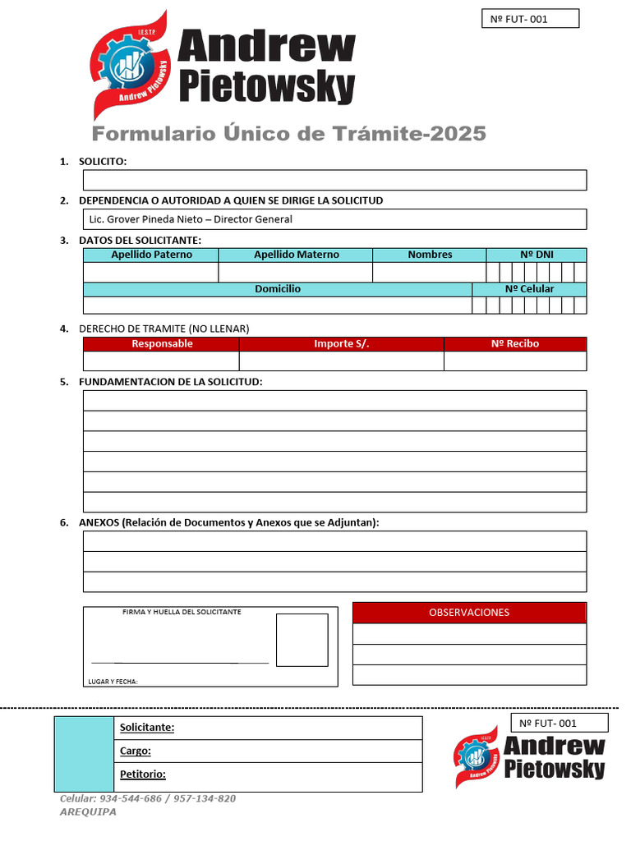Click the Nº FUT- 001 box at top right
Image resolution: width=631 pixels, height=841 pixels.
[x=530, y=19]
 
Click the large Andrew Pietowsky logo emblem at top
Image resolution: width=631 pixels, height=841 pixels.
[x=131, y=66]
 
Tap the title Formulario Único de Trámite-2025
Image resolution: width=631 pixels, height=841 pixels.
[x=288, y=134]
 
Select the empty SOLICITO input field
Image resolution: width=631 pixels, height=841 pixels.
[x=334, y=180]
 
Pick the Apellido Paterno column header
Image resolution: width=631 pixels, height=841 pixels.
[x=151, y=255]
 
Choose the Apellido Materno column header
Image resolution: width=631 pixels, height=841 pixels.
[x=296, y=255]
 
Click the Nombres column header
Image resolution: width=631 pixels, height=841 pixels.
[x=430, y=255]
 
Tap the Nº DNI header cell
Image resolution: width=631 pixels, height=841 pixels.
[x=537, y=255]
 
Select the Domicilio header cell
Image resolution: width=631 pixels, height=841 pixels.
[x=278, y=289]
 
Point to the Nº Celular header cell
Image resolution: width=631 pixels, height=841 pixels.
[x=529, y=289]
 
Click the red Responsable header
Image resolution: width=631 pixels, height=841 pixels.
[x=162, y=344]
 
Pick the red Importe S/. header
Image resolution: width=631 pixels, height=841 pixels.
[x=342, y=344]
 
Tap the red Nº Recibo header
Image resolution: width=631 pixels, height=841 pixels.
[x=515, y=344]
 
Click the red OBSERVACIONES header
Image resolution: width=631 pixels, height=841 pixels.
[x=469, y=613]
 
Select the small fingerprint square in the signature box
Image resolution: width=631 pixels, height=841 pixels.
[x=302, y=640]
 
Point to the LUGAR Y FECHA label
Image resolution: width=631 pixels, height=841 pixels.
[x=113, y=682]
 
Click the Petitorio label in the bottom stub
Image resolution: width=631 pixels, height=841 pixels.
[x=143, y=774]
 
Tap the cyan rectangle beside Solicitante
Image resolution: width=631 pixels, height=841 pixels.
[x=84, y=754]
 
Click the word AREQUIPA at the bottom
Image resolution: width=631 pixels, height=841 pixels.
[x=88, y=811]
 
